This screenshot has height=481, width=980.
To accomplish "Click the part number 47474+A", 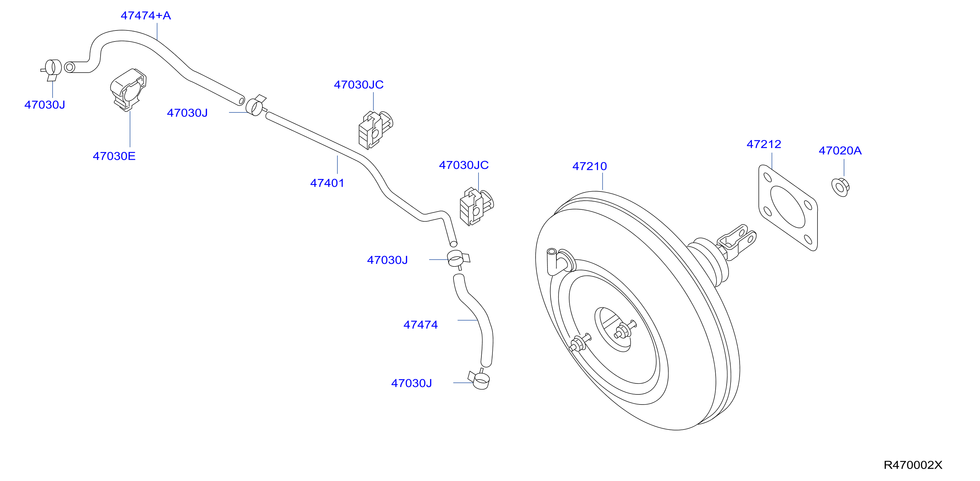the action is (x=146, y=16).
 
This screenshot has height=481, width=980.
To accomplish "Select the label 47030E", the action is (x=114, y=156).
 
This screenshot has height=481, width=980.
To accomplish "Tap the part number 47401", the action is (x=327, y=183).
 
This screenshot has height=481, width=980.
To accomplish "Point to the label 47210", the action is (x=590, y=166).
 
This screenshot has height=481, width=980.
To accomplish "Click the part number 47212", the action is (x=764, y=144).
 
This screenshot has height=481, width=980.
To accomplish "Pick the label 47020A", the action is (x=840, y=151).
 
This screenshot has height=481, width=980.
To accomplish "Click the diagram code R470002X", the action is (x=913, y=465).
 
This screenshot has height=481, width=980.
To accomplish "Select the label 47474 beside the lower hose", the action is (x=421, y=325).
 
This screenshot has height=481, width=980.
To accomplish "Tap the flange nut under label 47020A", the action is (x=841, y=187).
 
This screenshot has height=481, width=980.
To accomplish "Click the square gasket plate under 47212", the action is (x=788, y=208).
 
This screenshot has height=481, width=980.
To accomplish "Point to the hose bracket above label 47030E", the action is (x=128, y=90).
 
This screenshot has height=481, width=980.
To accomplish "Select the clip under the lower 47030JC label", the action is (x=477, y=206).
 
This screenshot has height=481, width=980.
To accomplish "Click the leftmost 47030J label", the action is (x=45, y=105).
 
